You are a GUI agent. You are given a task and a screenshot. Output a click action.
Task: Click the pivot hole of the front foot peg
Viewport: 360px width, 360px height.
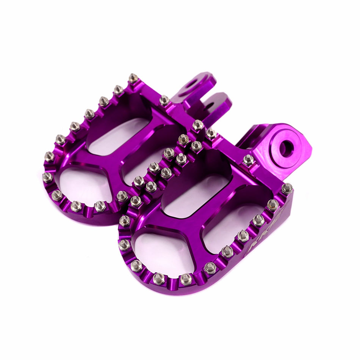point(286,148)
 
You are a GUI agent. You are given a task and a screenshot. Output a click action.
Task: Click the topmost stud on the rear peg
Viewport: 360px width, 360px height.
point(133,78)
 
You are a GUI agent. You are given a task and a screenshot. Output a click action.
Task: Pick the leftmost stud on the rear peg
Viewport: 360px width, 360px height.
point(47,177)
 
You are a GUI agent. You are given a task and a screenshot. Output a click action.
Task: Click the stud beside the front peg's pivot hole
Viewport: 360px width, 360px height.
point(248,160)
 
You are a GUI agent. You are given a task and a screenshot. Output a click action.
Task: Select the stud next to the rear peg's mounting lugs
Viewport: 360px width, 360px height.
point(164,100)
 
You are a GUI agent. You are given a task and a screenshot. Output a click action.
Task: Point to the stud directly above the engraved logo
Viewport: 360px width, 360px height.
point(259,220)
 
